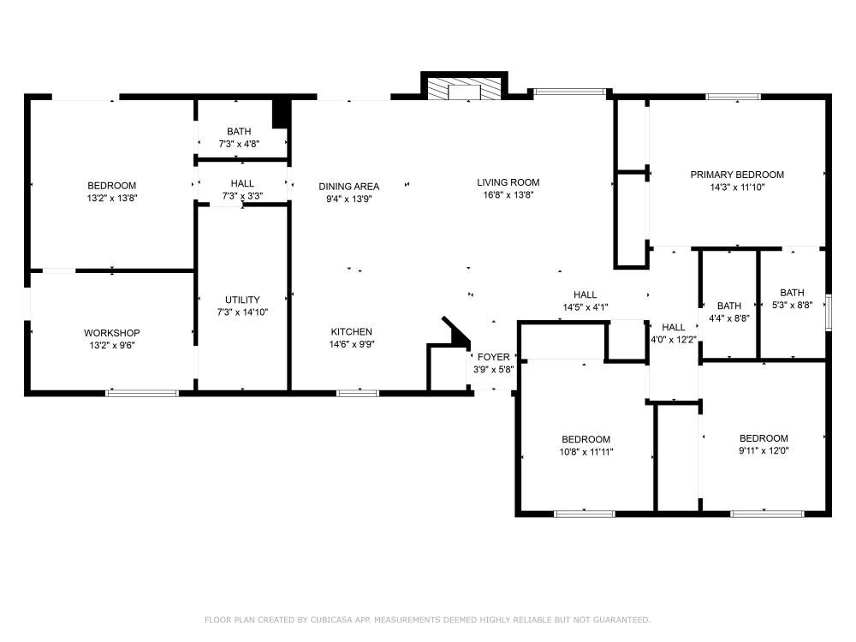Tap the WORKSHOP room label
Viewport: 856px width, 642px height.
pyautogui.click(x=112, y=333)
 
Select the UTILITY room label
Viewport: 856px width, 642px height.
pyautogui.click(x=242, y=300)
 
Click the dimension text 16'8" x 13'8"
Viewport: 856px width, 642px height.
pyautogui.click(x=508, y=195)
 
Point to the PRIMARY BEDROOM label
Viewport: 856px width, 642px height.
pyautogui.click(x=737, y=175)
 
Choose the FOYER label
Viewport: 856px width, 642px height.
pyautogui.click(x=494, y=357)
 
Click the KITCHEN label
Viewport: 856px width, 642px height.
pyautogui.click(x=352, y=332)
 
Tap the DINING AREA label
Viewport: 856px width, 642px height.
pyautogui.click(x=349, y=187)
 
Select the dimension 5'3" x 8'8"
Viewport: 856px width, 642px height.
pyautogui.click(x=792, y=306)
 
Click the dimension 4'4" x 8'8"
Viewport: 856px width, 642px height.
pyautogui.click(x=729, y=318)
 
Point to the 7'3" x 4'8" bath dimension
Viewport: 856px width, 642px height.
pyautogui.click(x=239, y=144)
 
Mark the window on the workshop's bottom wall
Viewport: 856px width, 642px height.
pyautogui.click(x=142, y=393)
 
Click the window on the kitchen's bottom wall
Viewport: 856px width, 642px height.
pyautogui.click(x=358, y=393)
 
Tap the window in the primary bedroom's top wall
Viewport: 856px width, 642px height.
pyautogui.click(x=734, y=98)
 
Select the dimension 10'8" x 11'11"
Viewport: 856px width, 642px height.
pyautogui.click(x=586, y=452)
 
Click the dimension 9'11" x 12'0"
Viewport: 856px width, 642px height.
pyautogui.click(x=764, y=451)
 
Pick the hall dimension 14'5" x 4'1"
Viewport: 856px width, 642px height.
pyautogui.click(x=586, y=307)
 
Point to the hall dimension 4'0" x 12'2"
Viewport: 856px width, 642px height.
pyautogui.click(x=674, y=340)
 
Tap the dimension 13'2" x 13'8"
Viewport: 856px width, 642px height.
pyautogui.click(x=112, y=199)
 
